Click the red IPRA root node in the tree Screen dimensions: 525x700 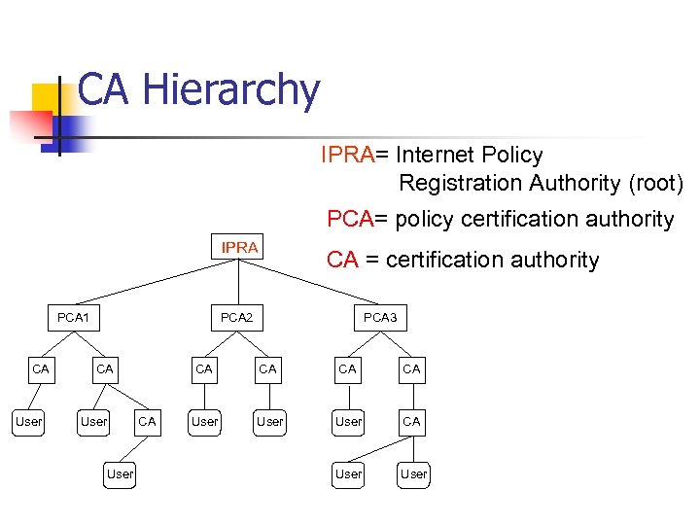click(x=239, y=247)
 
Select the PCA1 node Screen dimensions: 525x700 click(x=73, y=317)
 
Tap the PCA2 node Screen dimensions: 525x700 click(x=236, y=317)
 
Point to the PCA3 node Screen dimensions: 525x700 click(x=380, y=317)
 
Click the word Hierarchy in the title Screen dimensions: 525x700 click(x=230, y=90)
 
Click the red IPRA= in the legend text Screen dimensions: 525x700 click(x=355, y=155)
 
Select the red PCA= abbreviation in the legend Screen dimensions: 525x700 click(x=356, y=219)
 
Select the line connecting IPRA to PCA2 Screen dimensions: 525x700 click(x=238, y=282)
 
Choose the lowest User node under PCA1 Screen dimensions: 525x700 click(x=120, y=473)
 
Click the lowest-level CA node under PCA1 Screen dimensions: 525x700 click(x=147, y=421)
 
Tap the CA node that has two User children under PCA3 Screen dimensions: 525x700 click(x=412, y=421)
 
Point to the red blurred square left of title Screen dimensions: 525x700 click(x=29, y=126)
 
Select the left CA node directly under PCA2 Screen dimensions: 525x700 click(x=204, y=368)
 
